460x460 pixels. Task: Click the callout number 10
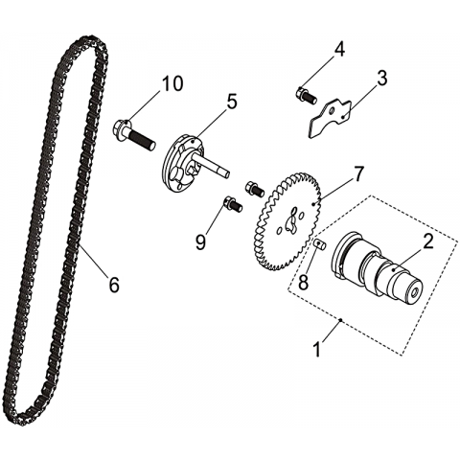[x=172, y=83]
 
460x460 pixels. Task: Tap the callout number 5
[x=231, y=102]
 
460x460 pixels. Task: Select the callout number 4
[x=339, y=50]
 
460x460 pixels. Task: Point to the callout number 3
[x=381, y=78]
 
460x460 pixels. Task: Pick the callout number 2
[x=427, y=241]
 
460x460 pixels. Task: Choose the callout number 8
[x=303, y=282]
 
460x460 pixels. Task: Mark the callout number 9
[x=200, y=242]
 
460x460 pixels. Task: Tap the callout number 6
[x=114, y=284]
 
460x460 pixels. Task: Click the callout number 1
[x=317, y=349]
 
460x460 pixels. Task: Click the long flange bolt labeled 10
[x=134, y=135]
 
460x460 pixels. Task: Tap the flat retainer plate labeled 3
[x=330, y=118]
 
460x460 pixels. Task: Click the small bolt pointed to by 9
[x=233, y=204]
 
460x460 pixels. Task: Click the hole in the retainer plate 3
[x=333, y=111]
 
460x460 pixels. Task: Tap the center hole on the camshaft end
[x=415, y=291]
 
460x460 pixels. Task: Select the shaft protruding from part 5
[x=212, y=165]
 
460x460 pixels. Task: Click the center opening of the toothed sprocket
[x=292, y=220]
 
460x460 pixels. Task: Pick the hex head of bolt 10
[x=122, y=128]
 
